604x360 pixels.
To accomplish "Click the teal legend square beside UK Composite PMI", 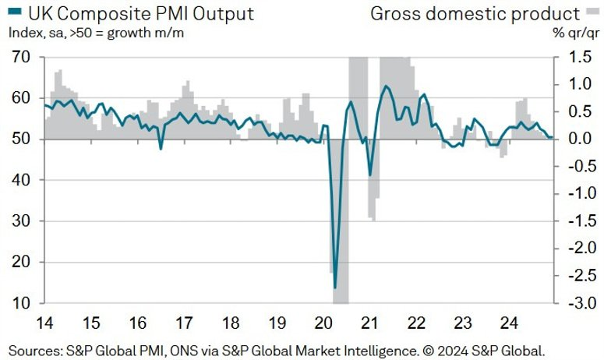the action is coord(15,12).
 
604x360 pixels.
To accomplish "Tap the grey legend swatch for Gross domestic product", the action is coord(593,12).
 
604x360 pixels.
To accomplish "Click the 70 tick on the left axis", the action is coord(21,57).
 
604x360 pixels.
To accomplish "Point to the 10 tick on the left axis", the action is coord(21,303).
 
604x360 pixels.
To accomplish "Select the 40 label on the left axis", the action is coord(21,180).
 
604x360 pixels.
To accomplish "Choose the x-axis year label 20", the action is coord(323,323).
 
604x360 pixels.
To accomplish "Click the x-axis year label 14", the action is coord(44,323).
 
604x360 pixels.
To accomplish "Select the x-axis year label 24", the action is coord(509,323).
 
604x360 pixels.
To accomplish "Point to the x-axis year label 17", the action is coord(184,323).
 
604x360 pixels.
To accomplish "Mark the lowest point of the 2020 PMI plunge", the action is coord(335,288).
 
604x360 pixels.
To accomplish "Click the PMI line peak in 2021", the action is coord(385,86).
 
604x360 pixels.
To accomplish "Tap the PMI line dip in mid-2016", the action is coord(161,149).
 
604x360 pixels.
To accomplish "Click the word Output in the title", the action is coord(224,14).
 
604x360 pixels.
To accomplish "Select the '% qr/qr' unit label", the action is coord(576,33).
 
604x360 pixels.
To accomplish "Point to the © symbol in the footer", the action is coord(427,351).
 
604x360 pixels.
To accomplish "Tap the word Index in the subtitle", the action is coord(25,33).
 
